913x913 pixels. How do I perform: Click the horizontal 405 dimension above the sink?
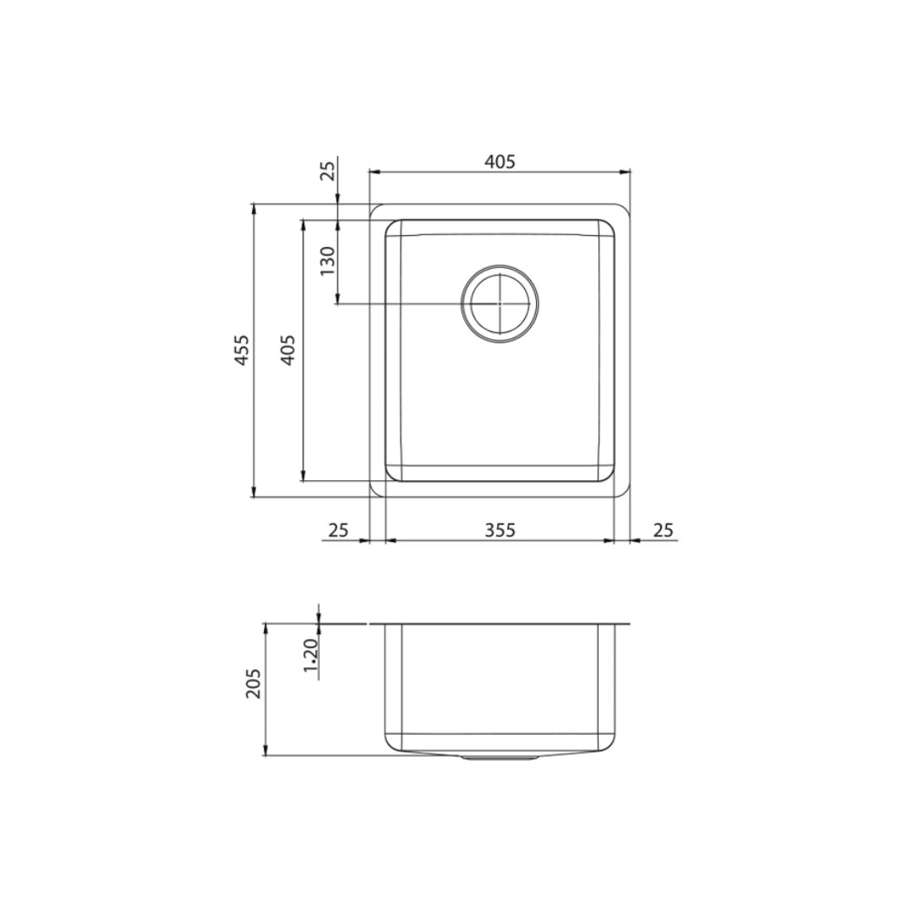point(500,161)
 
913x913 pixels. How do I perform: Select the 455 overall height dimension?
point(243,350)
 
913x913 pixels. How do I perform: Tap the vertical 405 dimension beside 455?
point(287,350)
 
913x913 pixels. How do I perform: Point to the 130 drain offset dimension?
point(327,262)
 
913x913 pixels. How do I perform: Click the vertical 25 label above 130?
point(328,171)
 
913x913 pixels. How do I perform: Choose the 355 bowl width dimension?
point(500,530)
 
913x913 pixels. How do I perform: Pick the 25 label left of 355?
point(338,530)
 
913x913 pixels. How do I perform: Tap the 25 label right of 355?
point(664,530)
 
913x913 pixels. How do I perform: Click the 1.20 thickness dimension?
point(309,659)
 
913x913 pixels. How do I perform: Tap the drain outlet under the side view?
point(500,759)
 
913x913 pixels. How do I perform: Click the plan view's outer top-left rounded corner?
point(374,209)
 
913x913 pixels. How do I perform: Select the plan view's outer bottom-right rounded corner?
point(626,492)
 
